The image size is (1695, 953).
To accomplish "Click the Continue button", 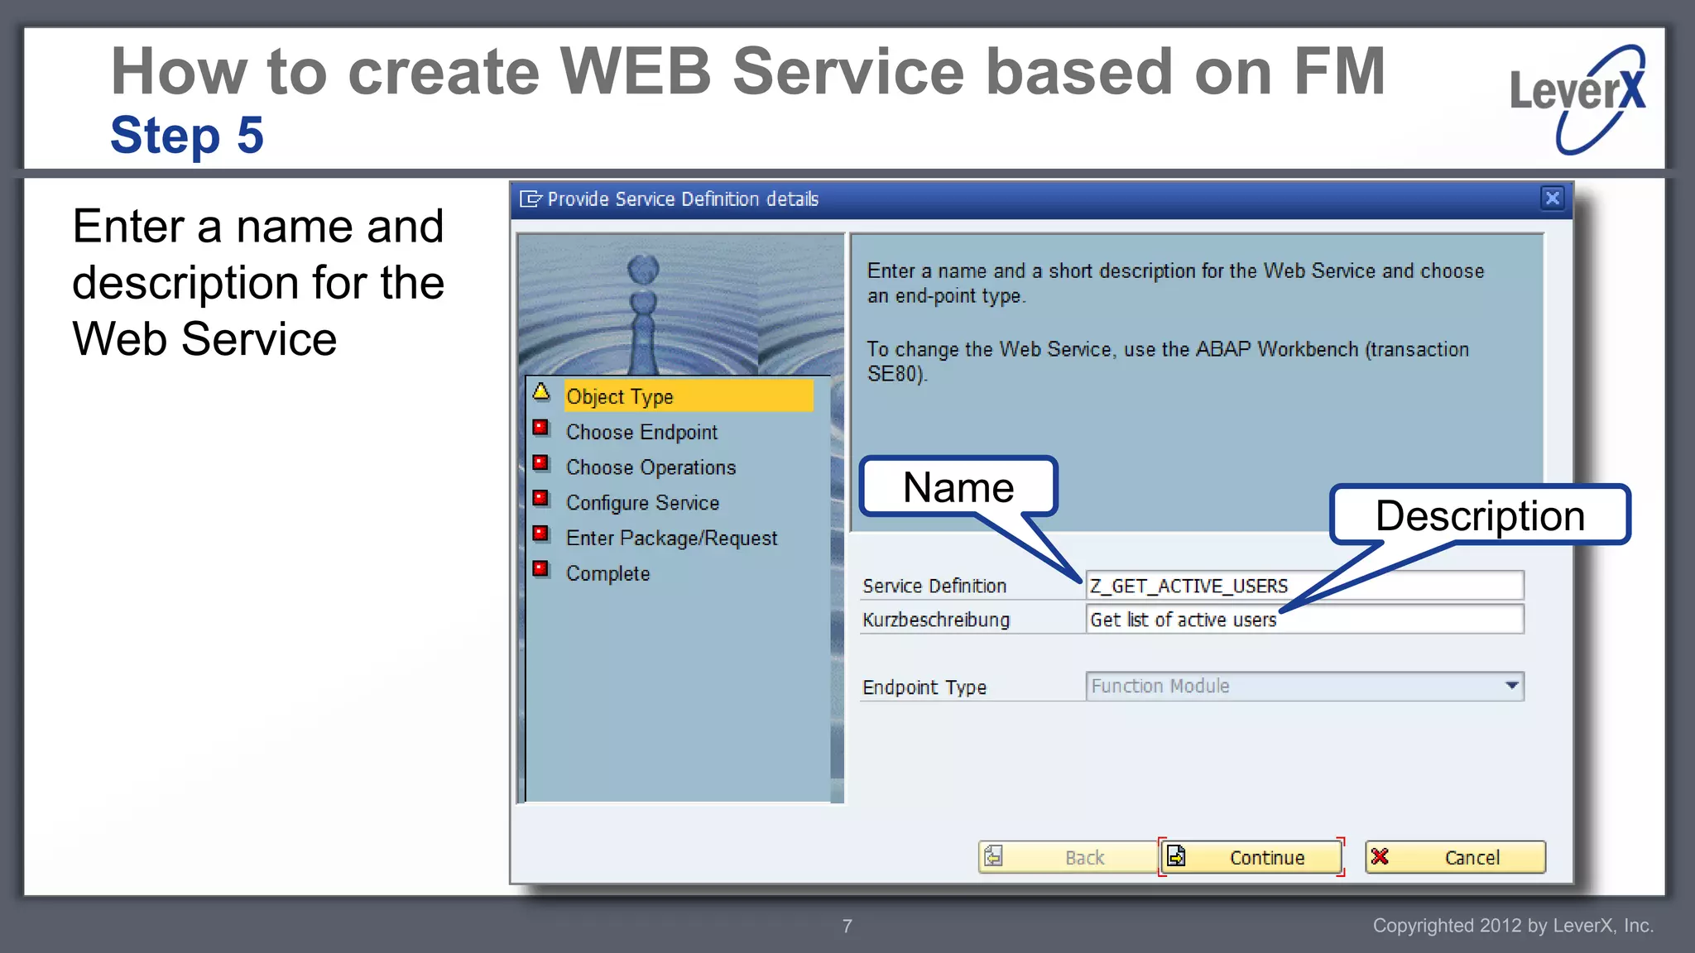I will click(x=1251, y=857).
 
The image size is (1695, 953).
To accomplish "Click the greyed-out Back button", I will click(x=1068, y=857).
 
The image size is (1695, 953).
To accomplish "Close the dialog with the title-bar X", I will click(x=1552, y=198).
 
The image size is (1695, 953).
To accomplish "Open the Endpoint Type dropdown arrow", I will click(x=1511, y=686).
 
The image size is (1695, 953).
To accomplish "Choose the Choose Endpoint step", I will click(x=641, y=432).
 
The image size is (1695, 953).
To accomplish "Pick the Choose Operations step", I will click(x=651, y=467).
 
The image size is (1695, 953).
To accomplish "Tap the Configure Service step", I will click(x=642, y=503).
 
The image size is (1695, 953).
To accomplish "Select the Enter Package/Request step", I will click(x=671, y=539).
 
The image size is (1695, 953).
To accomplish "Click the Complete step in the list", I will click(x=607, y=573).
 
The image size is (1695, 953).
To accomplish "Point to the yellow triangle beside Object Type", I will click(x=541, y=391).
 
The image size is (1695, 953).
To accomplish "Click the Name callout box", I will click(x=958, y=487).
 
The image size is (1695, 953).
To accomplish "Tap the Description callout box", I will click(x=1480, y=515).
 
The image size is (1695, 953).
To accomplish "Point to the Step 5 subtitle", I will click(x=187, y=135).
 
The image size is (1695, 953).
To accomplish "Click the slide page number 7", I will click(x=847, y=926).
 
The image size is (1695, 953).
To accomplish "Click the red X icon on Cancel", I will click(x=1380, y=856).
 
